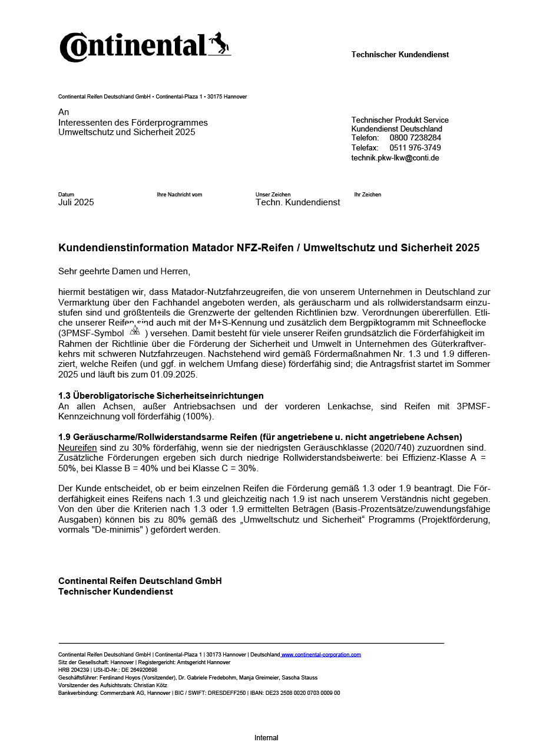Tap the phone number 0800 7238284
click(x=415, y=138)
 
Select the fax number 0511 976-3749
click(x=415, y=147)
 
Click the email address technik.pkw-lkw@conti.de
click(x=395, y=158)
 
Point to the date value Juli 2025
click(x=76, y=202)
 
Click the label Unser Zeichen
click(x=273, y=195)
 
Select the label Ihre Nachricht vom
click(x=179, y=195)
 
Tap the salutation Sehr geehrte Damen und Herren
click(x=124, y=272)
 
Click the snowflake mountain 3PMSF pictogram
click(x=135, y=330)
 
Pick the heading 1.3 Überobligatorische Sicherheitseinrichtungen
click(x=161, y=395)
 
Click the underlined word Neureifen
click(x=77, y=447)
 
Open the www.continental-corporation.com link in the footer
click(x=322, y=655)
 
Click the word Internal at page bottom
click(x=266, y=738)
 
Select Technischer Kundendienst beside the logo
click(x=400, y=55)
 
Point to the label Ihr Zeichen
click(x=368, y=195)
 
